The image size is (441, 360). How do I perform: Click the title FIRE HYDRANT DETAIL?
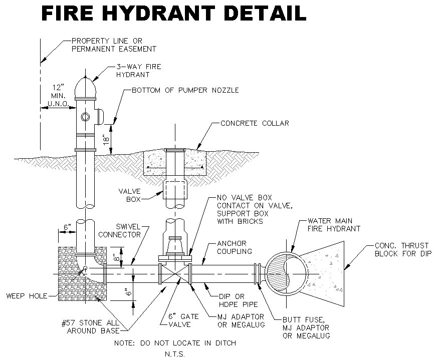[173, 14]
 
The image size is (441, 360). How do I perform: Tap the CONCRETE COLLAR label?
[255, 123]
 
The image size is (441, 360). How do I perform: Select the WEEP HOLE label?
[27, 296]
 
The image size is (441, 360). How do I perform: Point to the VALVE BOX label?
[129, 195]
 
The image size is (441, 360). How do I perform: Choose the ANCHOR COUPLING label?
[234, 247]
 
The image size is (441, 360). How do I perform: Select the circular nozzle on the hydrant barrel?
[85, 117]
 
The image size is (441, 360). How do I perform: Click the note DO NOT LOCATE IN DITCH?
[174, 343]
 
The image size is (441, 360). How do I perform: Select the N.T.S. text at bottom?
[175, 354]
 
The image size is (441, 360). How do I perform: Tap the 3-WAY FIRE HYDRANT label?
[132, 70]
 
